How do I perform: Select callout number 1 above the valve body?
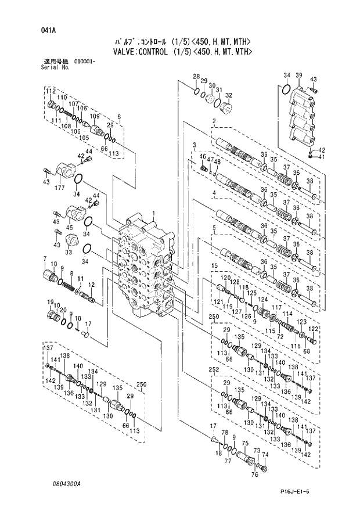[x=154, y=214]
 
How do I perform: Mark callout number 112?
[x=51, y=92]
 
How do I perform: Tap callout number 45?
[x=69, y=227]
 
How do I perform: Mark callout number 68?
[x=305, y=351]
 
